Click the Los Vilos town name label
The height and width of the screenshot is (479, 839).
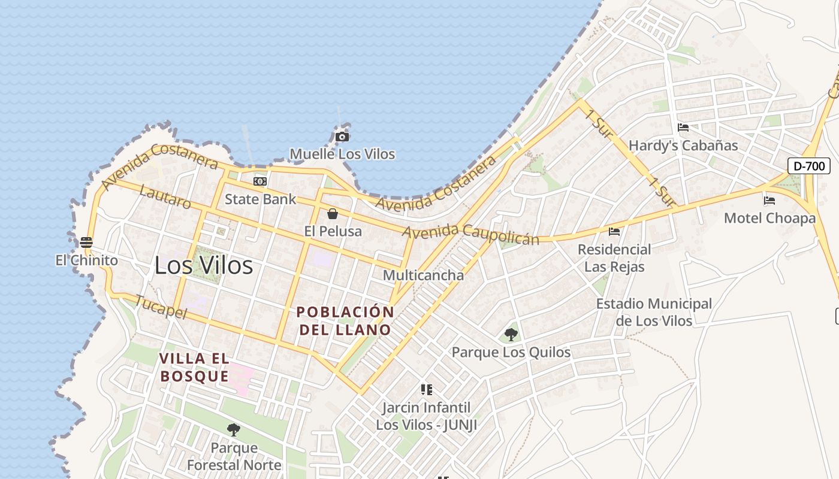pos(204,265)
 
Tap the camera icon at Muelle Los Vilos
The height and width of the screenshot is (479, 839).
pos(342,137)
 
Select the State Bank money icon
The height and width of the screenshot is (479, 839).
pos(260,181)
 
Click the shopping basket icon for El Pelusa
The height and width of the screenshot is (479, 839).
pos(333,213)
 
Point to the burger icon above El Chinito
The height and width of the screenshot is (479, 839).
pos(86,242)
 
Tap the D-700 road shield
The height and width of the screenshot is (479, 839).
pos(808,166)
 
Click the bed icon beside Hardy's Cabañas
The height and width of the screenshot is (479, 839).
pos(683,127)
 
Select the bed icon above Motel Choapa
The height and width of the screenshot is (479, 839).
pos(769,200)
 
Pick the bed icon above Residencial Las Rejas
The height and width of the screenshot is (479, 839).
pos(614,231)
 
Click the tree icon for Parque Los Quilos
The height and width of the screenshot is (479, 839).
pos(511,334)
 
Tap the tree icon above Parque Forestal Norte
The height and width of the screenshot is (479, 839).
pos(234,429)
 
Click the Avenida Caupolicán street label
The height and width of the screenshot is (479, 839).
pos(470,234)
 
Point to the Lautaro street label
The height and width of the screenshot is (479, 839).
pos(165,197)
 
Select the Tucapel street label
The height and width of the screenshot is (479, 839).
pos(161,307)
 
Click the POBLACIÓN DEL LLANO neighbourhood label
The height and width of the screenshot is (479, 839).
pos(345,320)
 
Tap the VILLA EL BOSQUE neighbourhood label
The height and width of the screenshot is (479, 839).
pos(194,367)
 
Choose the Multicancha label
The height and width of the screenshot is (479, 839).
pos(423,275)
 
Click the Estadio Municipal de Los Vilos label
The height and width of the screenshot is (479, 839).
pos(654,312)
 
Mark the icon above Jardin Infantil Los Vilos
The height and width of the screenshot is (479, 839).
pos(427,390)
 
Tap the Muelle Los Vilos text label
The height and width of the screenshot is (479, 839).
pos(342,154)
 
